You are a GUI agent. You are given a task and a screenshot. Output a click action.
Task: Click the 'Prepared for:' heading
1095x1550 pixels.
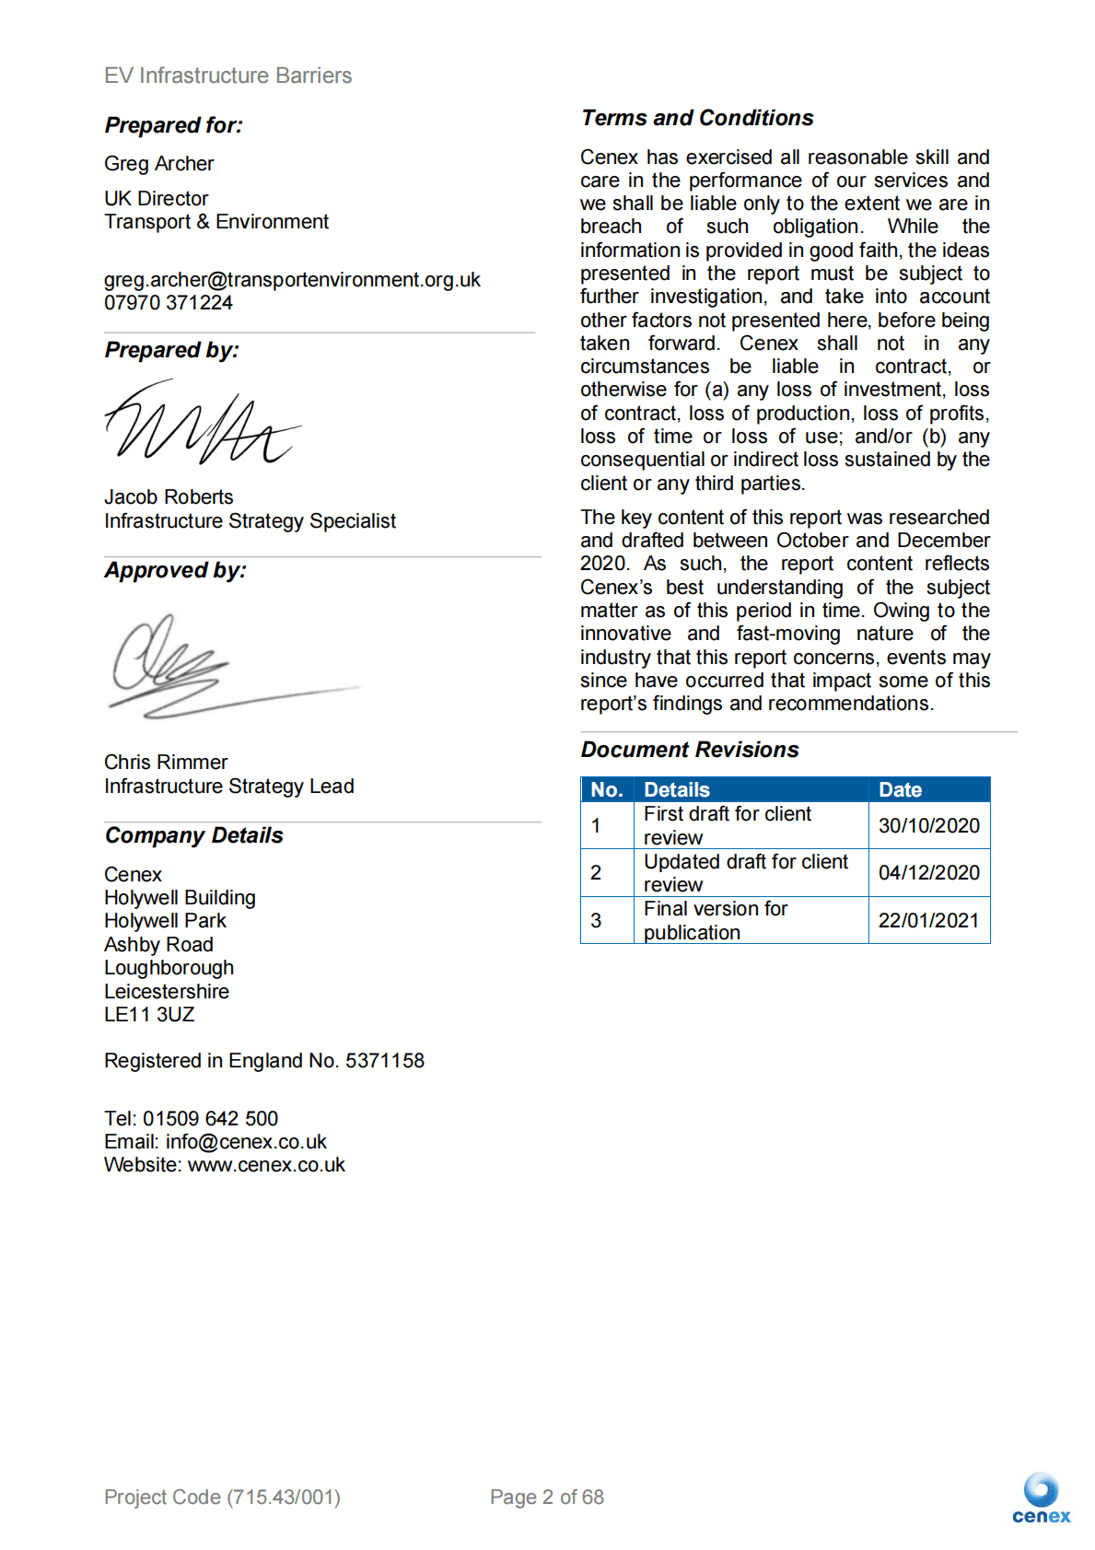point(173,125)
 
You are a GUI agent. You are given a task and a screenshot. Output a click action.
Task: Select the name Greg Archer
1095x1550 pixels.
point(158,164)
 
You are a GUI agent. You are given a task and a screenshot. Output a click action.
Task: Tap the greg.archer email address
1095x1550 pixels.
point(292,280)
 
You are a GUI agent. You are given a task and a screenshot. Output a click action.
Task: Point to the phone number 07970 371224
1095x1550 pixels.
point(169,303)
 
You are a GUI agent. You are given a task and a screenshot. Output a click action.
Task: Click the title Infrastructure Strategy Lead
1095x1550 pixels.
point(228,787)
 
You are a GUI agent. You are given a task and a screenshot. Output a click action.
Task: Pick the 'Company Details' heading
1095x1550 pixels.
point(193,835)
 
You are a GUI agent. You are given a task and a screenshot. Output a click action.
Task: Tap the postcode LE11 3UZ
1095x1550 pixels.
point(149,1015)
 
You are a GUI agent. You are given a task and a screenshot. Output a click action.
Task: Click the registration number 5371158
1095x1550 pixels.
point(385,1061)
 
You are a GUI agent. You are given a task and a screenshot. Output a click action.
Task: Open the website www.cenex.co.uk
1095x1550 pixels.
point(266,1165)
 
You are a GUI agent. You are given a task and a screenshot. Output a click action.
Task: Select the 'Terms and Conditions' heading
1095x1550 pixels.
point(697,118)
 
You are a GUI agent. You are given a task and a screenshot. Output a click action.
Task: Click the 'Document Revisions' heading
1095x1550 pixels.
point(690,750)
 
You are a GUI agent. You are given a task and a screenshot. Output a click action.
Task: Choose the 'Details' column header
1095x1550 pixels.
point(677,789)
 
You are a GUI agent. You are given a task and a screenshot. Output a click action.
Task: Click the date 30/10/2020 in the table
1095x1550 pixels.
point(928,826)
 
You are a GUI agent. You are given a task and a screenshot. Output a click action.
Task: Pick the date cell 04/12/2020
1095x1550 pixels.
point(928,873)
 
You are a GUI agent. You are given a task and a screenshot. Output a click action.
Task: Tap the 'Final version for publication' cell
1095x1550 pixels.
point(716,921)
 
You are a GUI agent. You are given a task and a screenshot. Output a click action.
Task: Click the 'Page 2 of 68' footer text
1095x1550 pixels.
point(547,1498)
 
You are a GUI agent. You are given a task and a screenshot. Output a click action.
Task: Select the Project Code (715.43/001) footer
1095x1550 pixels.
point(222,1498)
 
